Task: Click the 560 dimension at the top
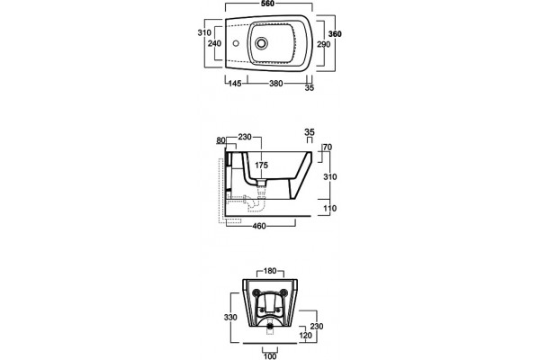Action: coord(268,4)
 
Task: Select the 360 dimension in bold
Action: coord(335,34)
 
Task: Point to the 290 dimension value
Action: coord(324,44)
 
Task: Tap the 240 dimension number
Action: coord(214,43)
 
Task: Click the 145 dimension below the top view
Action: coord(235,84)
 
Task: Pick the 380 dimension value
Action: coord(276,84)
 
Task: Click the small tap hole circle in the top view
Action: coord(236,44)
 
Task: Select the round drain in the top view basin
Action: coord(261,43)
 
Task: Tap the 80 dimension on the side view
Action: coord(220,140)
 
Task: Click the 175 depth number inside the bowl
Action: coord(261,166)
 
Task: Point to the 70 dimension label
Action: coord(328,147)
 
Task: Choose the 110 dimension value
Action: coord(330,208)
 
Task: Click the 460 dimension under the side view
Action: coord(259,226)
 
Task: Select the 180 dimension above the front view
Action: coord(270,271)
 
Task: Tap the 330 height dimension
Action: coord(230,317)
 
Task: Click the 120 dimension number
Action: coord(305,335)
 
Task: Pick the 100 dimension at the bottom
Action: coord(270,355)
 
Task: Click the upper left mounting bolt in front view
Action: coord(256,292)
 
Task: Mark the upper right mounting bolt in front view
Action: coord(283,292)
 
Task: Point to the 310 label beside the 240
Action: coord(204,32)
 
